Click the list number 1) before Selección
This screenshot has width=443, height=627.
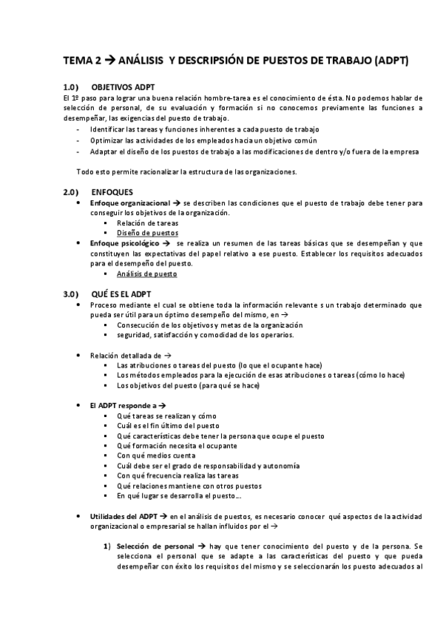tap(107, 546)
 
